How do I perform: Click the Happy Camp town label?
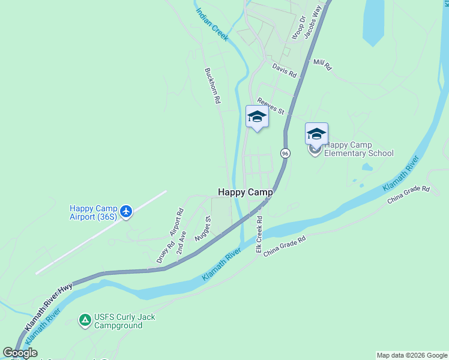(x=245, y=193)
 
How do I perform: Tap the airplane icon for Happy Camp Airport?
(x=125, y=211)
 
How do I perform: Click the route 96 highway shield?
(x=285, y=154)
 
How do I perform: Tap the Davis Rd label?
(x=285, y=71)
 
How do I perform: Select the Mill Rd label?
(x=322, y=65)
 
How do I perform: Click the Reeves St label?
(x=270, y=106)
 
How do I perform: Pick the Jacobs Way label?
(x=314, y=25)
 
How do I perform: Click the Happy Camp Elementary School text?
(x=358, y=149)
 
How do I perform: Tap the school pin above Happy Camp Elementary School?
(x=316, y=134)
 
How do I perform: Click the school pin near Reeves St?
(x=257, y=117)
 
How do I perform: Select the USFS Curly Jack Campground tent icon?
(x=85, y=321)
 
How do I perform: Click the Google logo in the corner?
(x=20, y=353)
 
